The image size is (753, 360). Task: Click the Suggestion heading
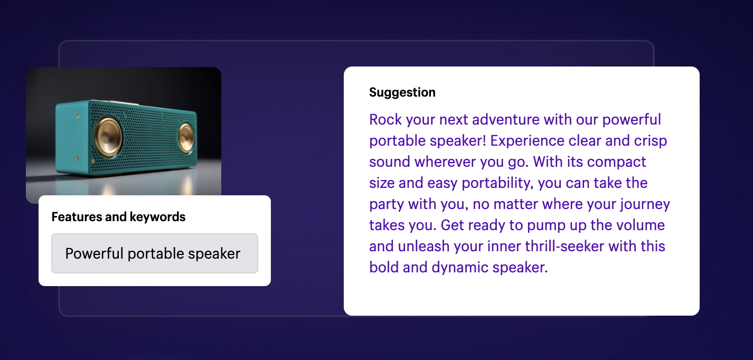tap(402, 92)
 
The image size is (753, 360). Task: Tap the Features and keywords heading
tap(118, 217)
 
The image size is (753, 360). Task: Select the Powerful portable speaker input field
tap(155, 253)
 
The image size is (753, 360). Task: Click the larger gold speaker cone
tap(108, 137)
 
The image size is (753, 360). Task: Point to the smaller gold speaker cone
tap(185, 137)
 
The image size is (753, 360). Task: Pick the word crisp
tap(650, 141)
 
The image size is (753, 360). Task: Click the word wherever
tap(445, 162)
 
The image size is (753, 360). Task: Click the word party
tap(386, 205)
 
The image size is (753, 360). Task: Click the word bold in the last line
tap(384, 268)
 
